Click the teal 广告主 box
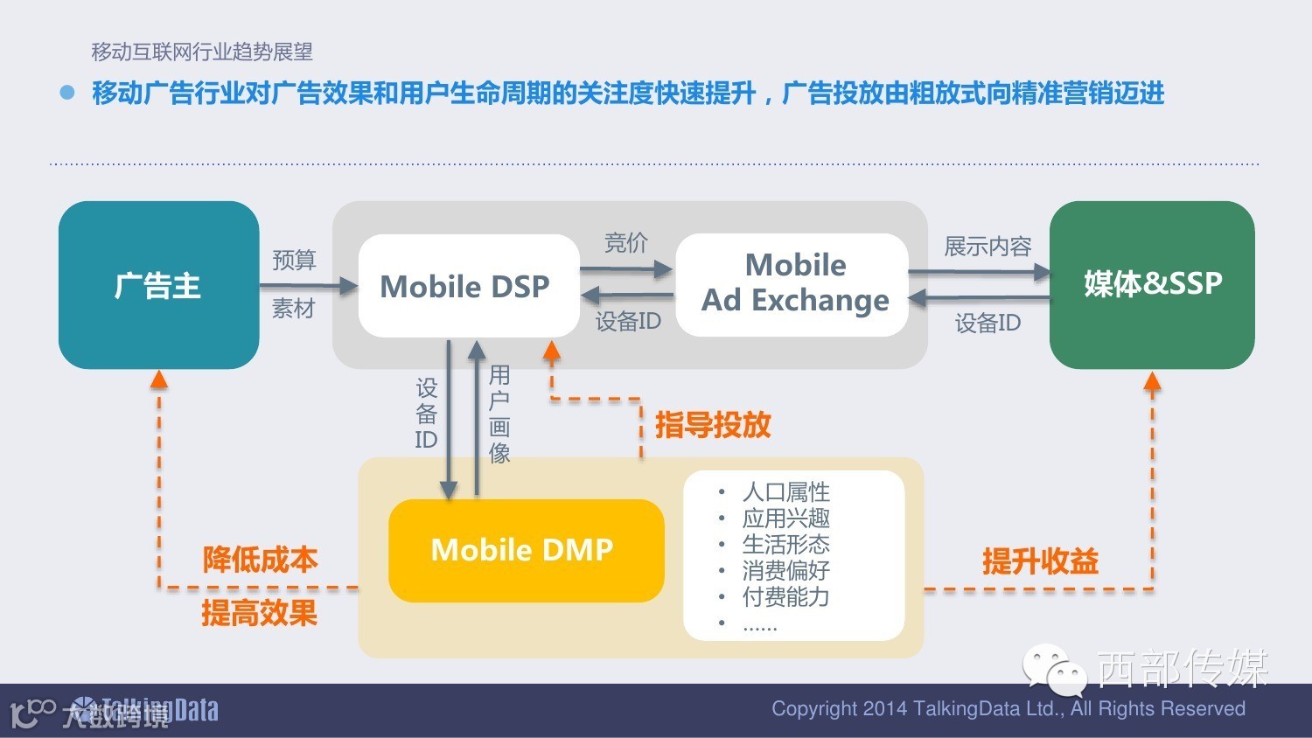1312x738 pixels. click(x=158, y=285)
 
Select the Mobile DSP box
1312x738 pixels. click(x=468, y=286)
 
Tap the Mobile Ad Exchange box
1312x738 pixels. click(x=792, y=284)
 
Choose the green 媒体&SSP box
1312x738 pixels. click(x=1152, y=284)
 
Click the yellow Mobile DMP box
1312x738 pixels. click(x=525, y=550)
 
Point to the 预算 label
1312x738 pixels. click(x=294, y=260)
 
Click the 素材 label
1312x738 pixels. click(x=293, y=309)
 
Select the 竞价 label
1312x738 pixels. click(x=626, y=242)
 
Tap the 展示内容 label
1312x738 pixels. click(x=987, y=247)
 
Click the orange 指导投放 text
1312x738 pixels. click(x=713, y=425)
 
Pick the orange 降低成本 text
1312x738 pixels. click(x=260, y=560)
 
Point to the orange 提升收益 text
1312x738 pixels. click(x=1040, y=561)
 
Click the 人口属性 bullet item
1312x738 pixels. click(x=785, y=491)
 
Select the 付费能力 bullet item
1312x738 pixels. click(x=785, y=596)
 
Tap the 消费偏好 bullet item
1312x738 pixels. click(x=785, y=570)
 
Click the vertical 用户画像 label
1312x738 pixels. click(x=499, y=414)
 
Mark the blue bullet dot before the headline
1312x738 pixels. click(x=67, y=92)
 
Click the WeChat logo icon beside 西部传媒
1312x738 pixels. click(x=1054, y=670)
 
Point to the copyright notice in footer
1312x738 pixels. click(x=1008, y=708)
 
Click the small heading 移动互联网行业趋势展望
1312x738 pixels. click(x=202, y=52)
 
